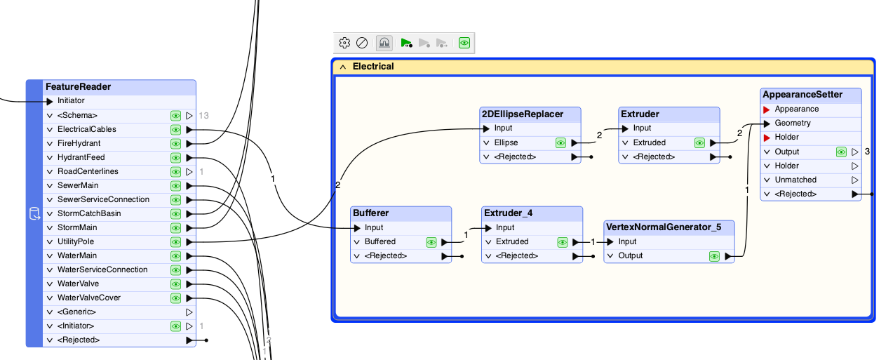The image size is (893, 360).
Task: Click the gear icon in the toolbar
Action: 344,43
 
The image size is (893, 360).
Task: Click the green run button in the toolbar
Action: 406,43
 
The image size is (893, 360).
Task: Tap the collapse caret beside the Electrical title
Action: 343,67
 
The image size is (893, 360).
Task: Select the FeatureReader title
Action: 78,86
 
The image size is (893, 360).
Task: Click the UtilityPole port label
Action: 76,241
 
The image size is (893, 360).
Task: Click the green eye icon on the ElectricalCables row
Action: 175,130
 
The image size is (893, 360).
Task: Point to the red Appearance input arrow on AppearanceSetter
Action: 766,109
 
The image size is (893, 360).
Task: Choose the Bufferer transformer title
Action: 371,213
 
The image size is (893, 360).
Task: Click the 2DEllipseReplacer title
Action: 522,114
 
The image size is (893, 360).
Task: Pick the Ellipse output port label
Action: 506,142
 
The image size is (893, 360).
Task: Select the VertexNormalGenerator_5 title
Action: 664,227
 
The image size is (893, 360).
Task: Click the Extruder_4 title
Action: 508,213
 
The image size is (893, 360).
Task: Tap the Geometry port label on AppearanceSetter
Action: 793,123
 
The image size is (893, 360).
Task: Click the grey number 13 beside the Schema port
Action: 203,116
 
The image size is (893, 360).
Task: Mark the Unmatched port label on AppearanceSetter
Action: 795,180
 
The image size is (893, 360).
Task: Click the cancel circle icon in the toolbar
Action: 361,43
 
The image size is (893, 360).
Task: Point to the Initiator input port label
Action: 71,100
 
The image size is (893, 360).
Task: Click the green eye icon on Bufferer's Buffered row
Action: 431,242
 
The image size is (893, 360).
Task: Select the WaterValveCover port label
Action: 89,298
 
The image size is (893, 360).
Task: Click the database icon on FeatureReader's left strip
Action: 34,214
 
